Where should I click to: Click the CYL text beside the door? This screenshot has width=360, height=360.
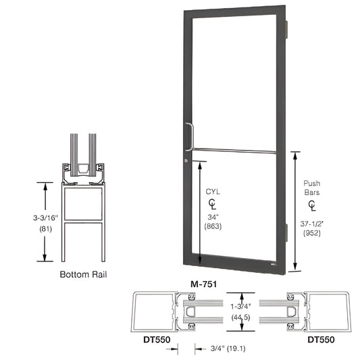(x=213, y=192)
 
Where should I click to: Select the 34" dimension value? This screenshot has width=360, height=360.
(x=213, y=217)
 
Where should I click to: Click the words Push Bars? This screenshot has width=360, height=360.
(x=312, y=187)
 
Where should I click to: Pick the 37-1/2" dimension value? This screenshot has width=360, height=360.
(x=312, y=222)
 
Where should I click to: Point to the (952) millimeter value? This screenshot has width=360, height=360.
(x=312, y=233)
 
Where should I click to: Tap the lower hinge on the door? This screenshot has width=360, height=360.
(x=288, y=233)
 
